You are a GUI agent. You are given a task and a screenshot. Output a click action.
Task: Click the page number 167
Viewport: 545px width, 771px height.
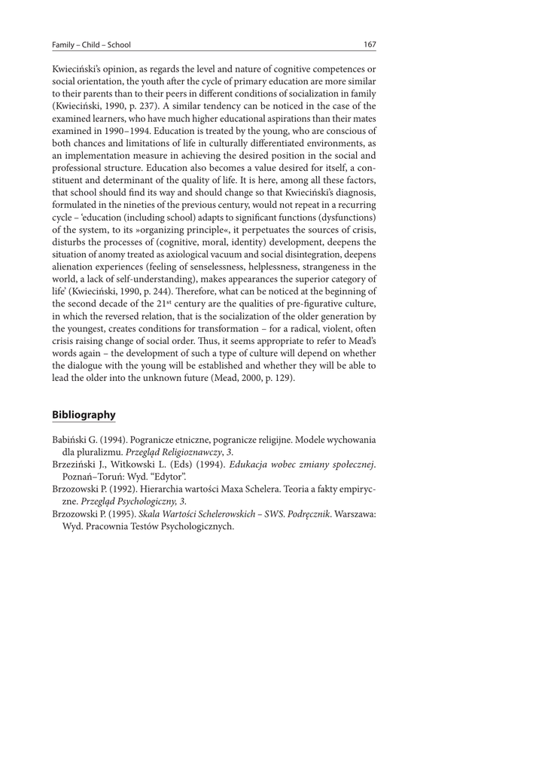point(370,44)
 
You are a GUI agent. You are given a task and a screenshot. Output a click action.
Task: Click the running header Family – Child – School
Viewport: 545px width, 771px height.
point(87,44)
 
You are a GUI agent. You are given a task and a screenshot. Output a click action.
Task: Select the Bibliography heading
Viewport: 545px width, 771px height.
point(84,414)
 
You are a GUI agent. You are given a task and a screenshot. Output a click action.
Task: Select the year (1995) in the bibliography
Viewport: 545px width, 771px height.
point(123,513)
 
